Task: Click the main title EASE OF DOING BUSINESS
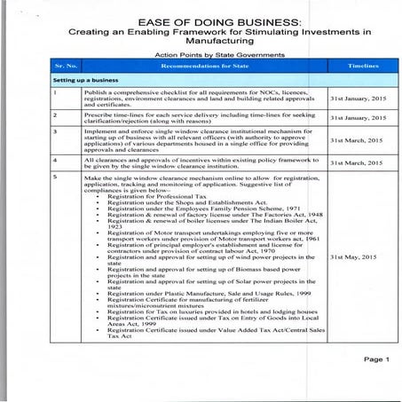point(201,20)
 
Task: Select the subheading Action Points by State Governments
point(201,55)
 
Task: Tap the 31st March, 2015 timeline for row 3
point(356,142)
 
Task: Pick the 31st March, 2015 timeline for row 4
point(356,163)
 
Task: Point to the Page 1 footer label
point(375,359)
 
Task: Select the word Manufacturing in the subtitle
point(201,42)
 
